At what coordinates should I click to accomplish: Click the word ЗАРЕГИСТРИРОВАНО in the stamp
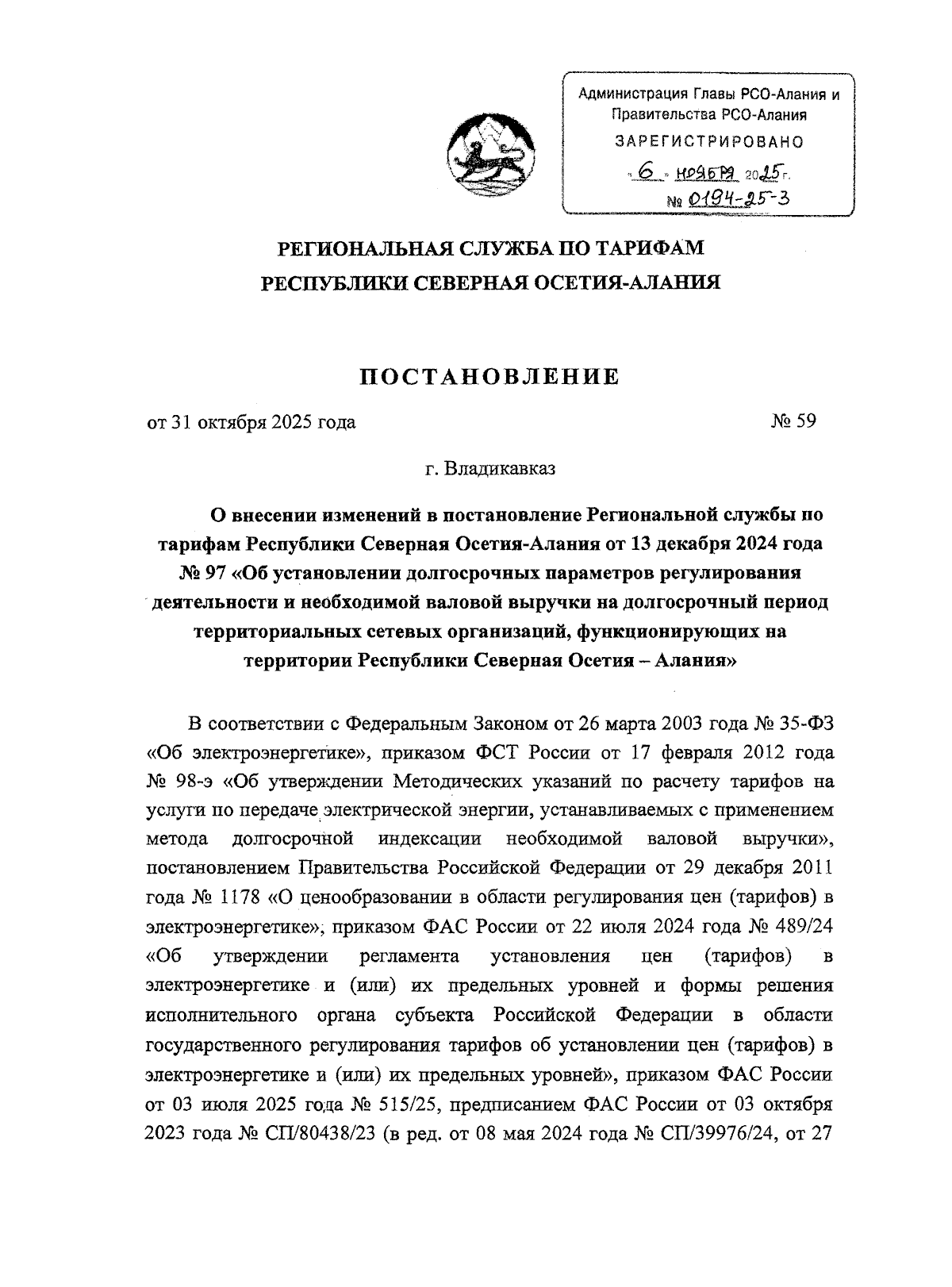[709, 142]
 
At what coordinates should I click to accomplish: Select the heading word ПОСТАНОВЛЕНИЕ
[489, 376]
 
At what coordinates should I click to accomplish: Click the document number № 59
[793, 421]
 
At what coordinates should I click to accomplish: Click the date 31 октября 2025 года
[263, 422]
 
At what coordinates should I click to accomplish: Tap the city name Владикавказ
[500, 468]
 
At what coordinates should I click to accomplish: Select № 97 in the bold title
[202, 573]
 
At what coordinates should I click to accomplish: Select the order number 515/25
[414, 1104]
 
